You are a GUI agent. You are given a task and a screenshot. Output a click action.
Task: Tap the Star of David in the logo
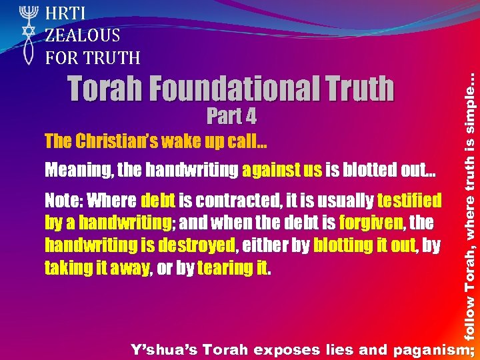[27, 32]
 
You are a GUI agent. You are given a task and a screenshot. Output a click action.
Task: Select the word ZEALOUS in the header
[83, 35]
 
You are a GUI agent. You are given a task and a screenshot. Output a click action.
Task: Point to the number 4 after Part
[249, 117]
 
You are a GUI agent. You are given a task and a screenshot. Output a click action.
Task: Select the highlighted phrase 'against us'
[282, 171]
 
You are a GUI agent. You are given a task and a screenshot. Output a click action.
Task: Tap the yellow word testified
[409, 200]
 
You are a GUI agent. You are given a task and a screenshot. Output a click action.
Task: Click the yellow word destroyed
[196, 245]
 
